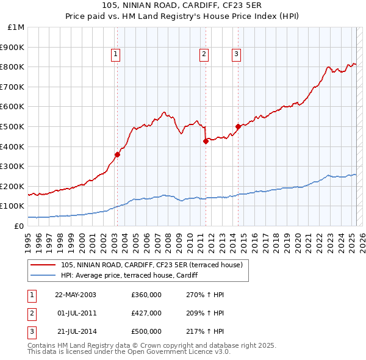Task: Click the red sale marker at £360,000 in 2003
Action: (x=117, y=154)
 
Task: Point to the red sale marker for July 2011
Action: (x=206, y=141)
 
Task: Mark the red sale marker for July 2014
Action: (x=238, y=126)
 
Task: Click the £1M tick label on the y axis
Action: (x=16, y=27)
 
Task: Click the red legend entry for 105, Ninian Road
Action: (x=152, y=265)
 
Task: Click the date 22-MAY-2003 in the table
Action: (x=76, y=294)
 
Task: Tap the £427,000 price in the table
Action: (x=146, y=313)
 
